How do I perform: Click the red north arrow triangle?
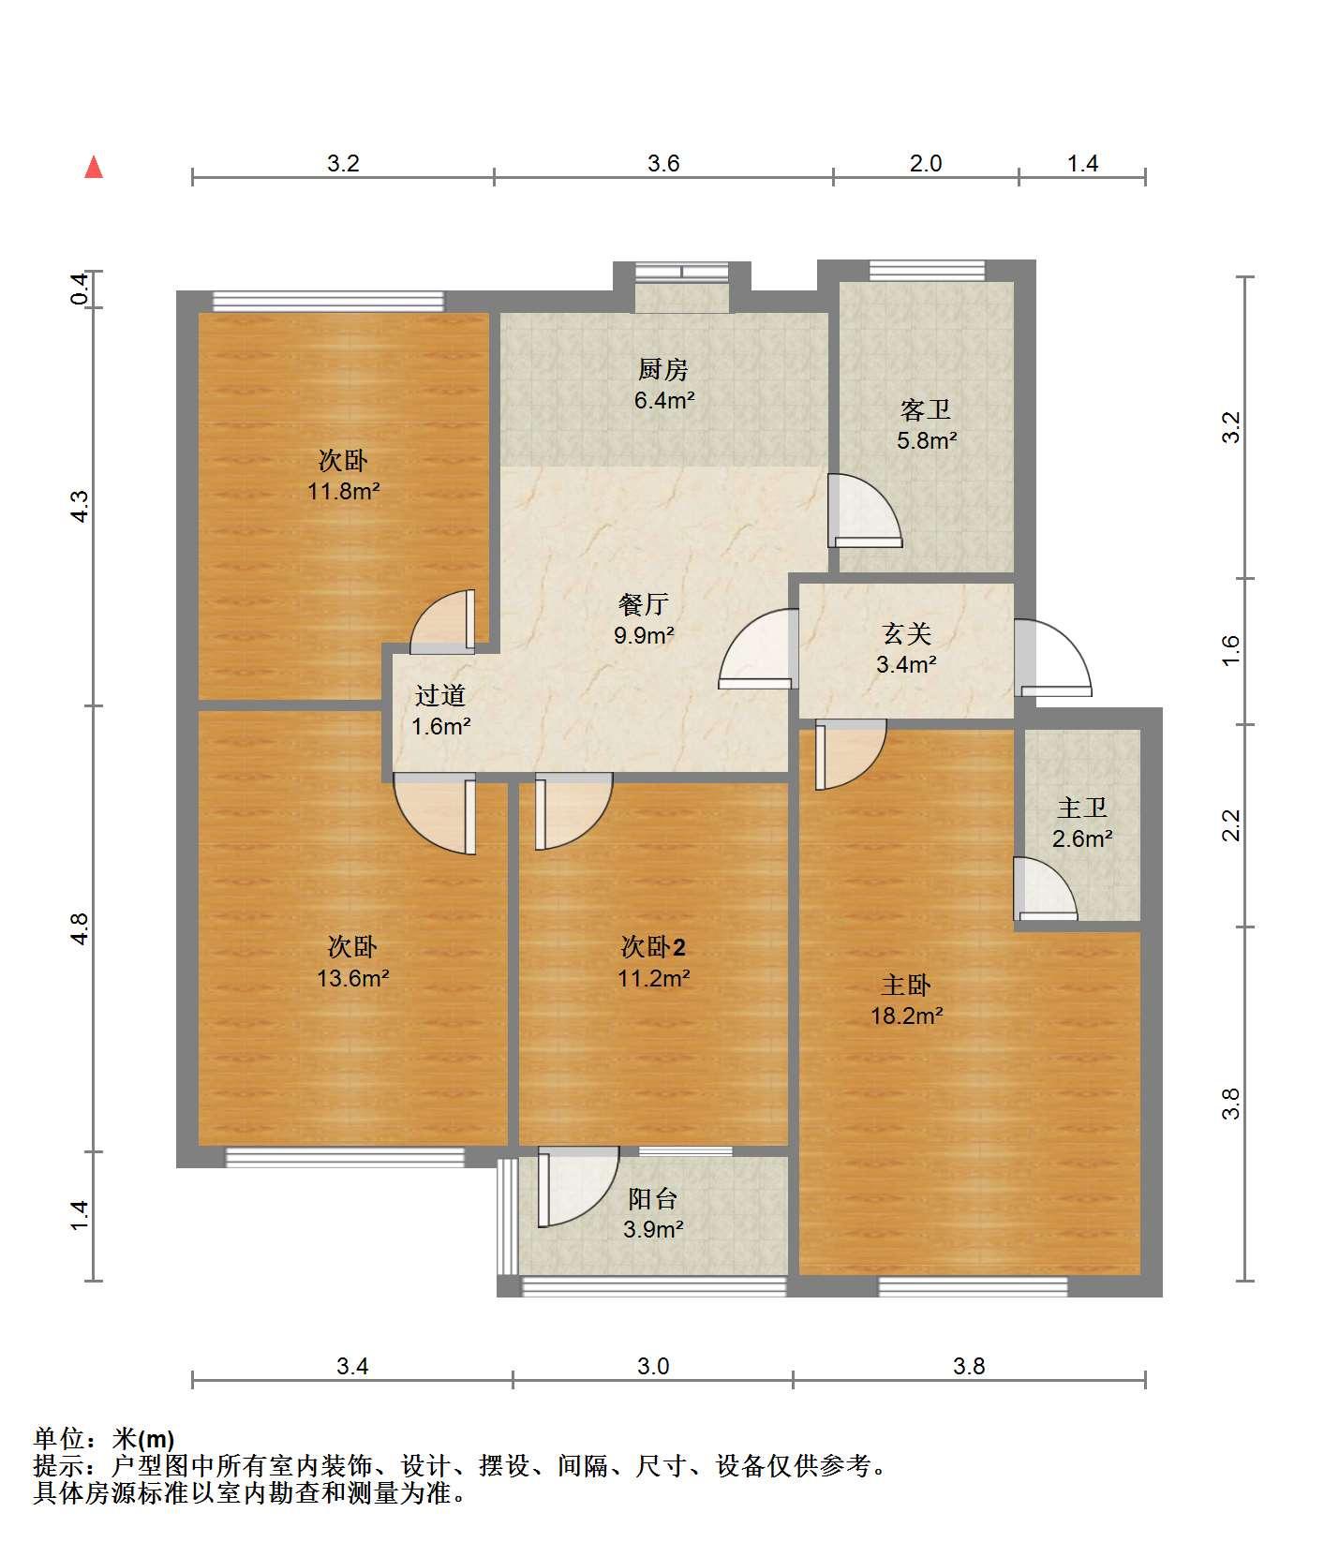94,167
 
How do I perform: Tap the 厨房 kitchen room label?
663,370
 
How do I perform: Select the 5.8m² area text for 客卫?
926,440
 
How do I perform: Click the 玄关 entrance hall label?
906,634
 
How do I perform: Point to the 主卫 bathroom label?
1082,808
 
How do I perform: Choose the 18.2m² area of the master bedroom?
906,1016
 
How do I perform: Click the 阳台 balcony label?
652,1199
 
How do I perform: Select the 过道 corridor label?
440,695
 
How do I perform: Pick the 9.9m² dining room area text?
644,635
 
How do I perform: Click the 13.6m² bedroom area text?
353,978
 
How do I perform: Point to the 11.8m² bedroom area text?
344,491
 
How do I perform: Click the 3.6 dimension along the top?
663,163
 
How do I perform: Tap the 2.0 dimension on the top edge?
926,163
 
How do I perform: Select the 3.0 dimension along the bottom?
653,1366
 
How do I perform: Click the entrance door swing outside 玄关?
1054,659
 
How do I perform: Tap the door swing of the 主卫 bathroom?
1046,889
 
